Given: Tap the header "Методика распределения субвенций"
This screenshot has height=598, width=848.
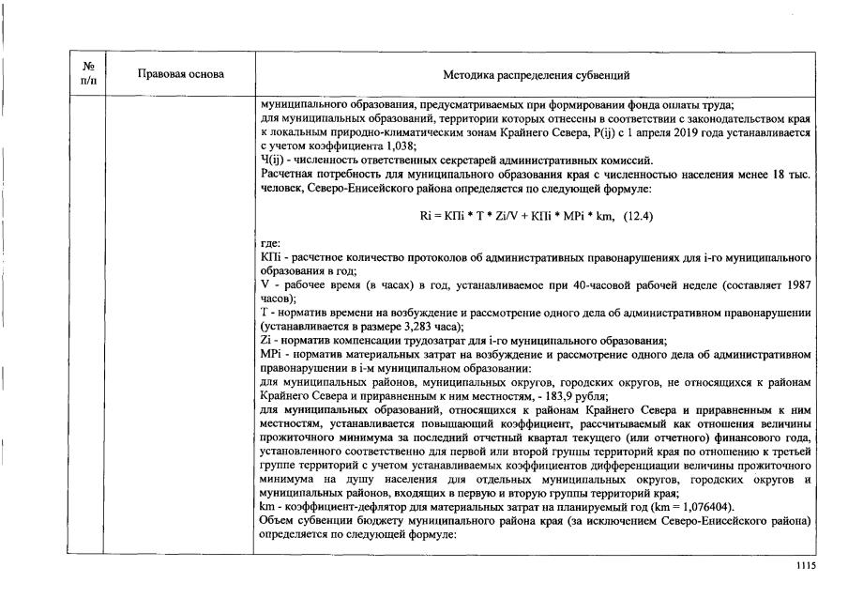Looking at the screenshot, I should point(536,74).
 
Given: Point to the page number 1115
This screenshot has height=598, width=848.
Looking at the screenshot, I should point(806,566).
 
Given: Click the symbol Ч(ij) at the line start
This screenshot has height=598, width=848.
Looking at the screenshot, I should point(273,161).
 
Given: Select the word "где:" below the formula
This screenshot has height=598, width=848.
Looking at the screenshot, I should point(270,243).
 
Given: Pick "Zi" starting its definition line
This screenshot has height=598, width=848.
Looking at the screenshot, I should point(265,340).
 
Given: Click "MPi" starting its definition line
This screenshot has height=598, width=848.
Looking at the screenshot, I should point(270,353).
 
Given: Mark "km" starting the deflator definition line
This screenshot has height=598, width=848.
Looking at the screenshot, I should point(267,508).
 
